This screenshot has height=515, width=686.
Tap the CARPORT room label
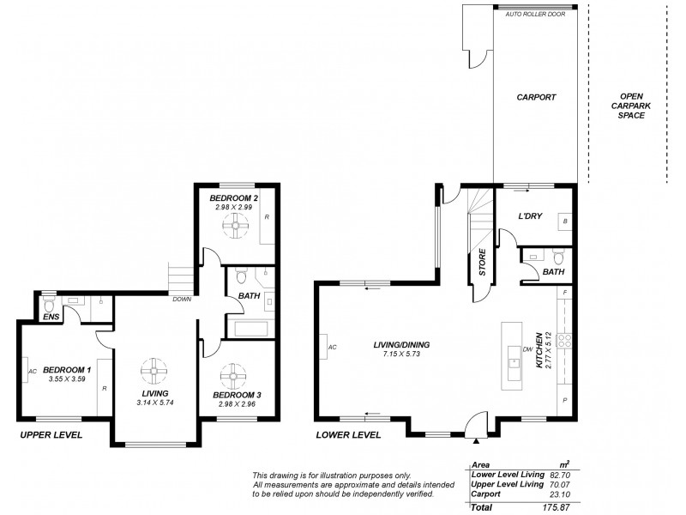[536, 97]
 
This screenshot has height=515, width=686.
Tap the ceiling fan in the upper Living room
[153, 371]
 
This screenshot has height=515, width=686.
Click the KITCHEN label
[540, 351]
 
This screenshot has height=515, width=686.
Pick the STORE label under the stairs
[482, 261]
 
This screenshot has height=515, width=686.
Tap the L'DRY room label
[533, 218]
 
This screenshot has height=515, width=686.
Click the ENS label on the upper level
[51, 318]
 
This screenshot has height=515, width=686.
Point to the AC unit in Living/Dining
[330, 348]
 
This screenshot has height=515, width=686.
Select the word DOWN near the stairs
[181, 300]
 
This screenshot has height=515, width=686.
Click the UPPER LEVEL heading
[51, 435]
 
